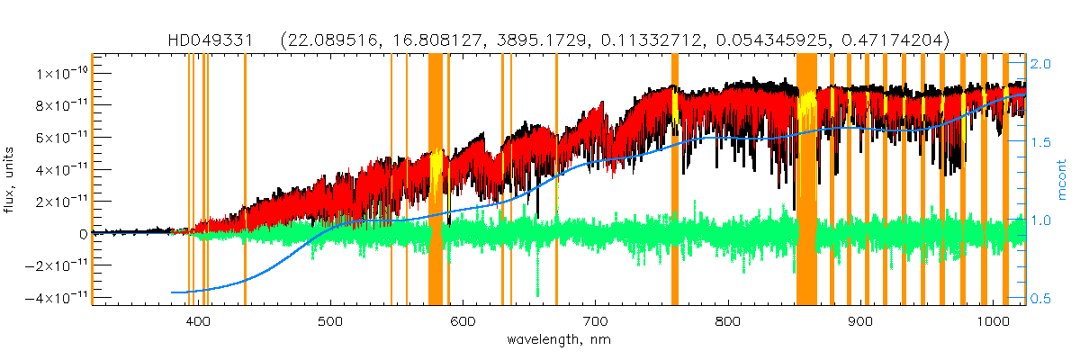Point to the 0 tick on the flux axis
(83, 233)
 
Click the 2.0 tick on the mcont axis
(1040, 65)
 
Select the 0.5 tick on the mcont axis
(1040, 299)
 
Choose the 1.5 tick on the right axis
(1040, 142)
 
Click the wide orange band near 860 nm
(806, 180)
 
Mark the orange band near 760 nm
(675, 180)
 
